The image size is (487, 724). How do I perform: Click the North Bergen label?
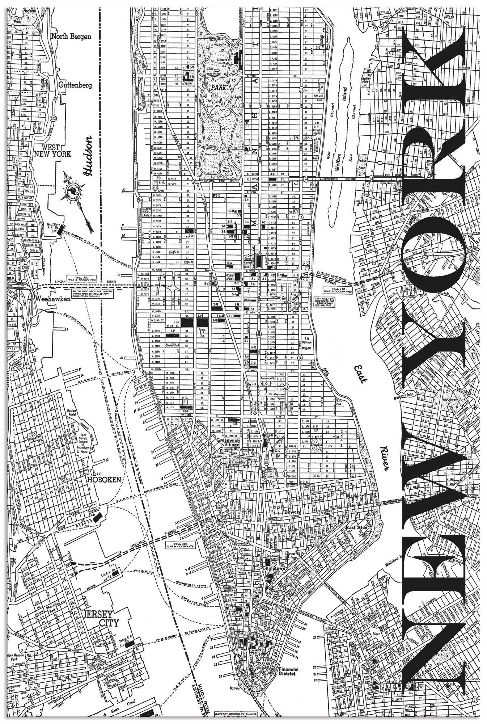coord(71,36)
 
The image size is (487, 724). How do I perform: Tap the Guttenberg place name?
coord(75,85)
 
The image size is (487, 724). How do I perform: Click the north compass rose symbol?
coord(73,192)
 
